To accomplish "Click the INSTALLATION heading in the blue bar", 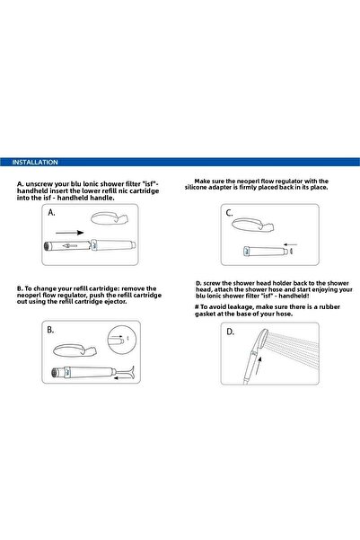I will coord(36,163).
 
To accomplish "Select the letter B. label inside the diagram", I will coord(51,331).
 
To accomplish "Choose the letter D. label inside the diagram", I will coord(230,331).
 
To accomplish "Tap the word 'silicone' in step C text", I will coord(204,188).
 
